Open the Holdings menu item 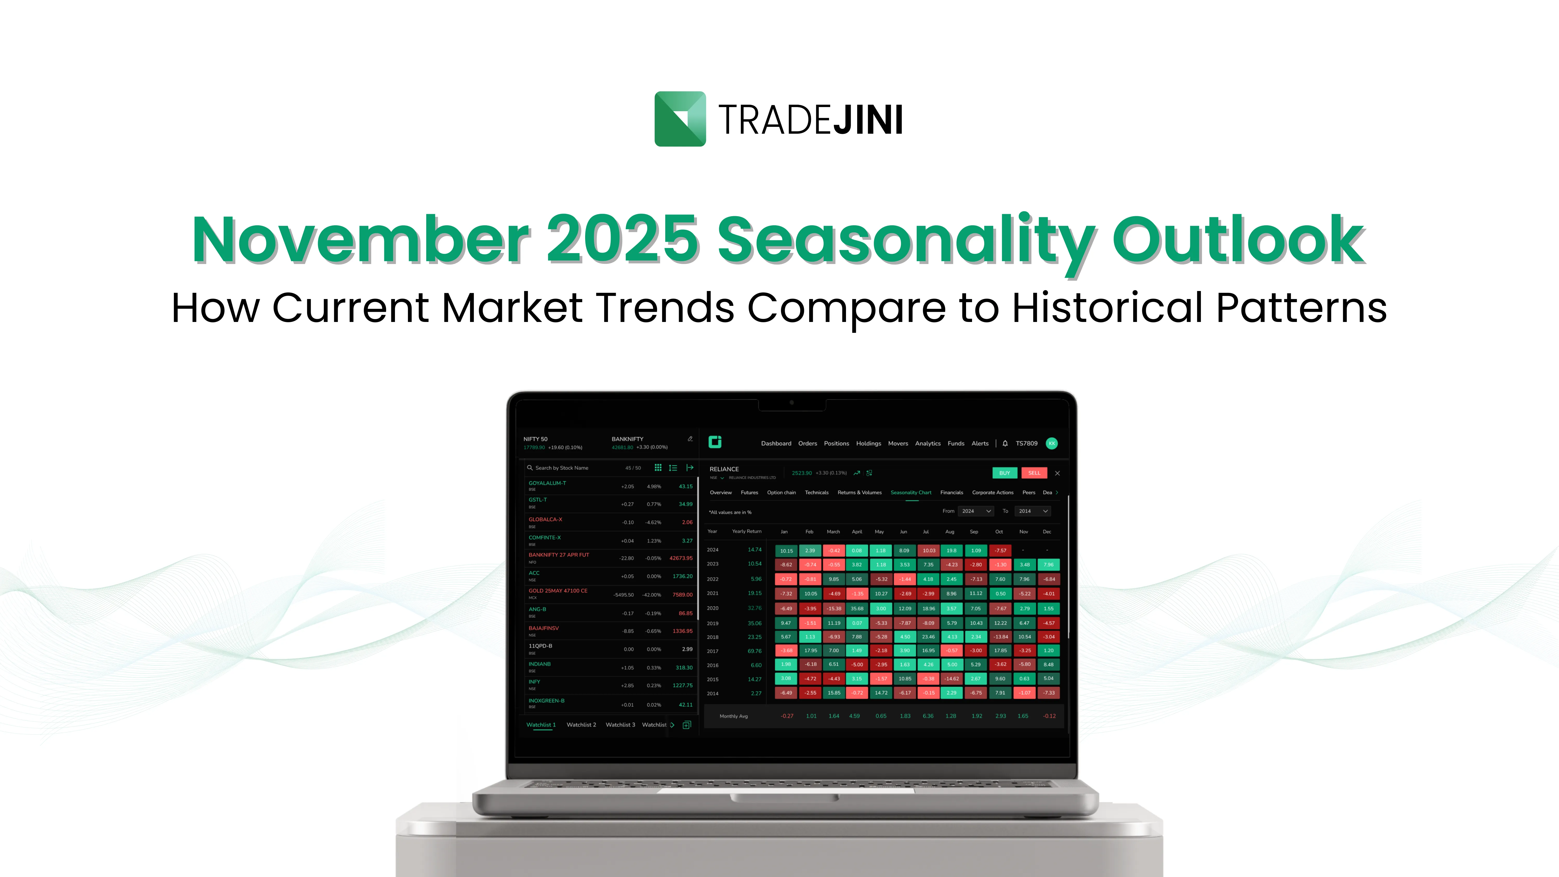(868, 444)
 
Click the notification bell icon (1005, 444)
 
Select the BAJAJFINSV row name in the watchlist (544, 628)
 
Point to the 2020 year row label (712, 608)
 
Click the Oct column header (999, 532)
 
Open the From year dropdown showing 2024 (976, 511)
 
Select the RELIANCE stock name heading (724, 469)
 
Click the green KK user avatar (1051, 444)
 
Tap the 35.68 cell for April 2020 (856, 609)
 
